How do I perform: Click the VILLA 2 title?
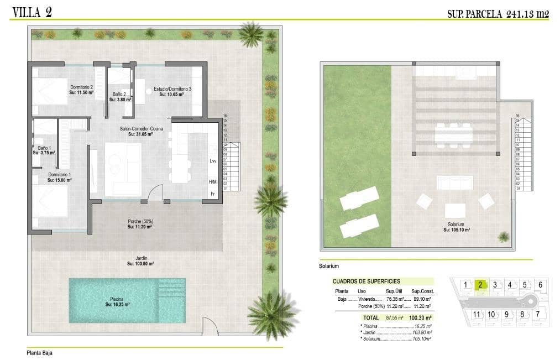click(32, 12)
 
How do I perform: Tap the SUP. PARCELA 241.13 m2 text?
click(498, 14)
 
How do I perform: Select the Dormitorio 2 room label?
click(81, 89)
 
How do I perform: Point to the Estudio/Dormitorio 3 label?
click(172, 91)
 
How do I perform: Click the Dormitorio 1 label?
click(59, 177)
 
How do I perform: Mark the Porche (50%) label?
click(139, 223)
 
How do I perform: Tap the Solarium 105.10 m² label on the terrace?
click(456, 227)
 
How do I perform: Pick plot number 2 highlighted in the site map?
click(480, 285)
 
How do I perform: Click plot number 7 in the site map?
click(537, 315)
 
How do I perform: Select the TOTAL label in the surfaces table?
click(370, 318)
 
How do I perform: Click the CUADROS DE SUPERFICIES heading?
click(366, 281)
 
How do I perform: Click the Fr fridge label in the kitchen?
click(212, 194)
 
